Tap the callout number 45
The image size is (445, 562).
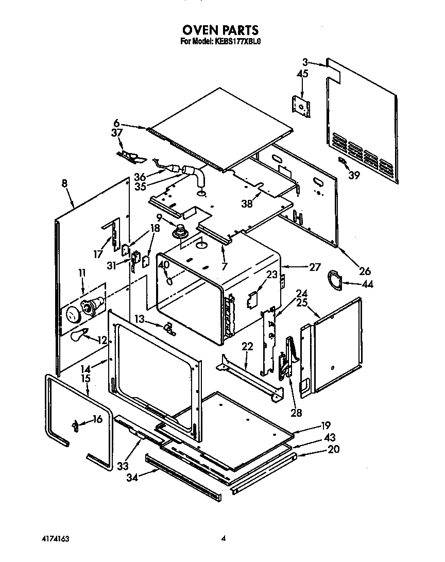pos(302,74)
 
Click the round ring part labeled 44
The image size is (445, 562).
pos(334,281)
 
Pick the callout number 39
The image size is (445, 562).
pos(354,175)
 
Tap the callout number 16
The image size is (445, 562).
pos(97,420)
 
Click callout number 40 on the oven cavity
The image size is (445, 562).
pos(164,265)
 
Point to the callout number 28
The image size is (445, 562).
pos(296,412)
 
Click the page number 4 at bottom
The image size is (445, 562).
pos(224,539)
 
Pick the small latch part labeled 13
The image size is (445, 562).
pos(168,329)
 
